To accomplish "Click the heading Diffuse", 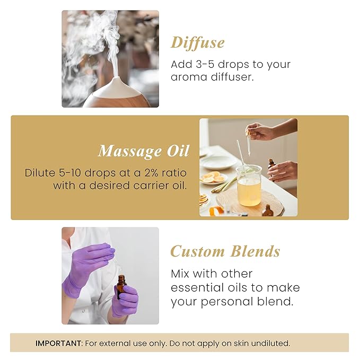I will point(197,42).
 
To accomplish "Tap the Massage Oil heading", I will point(143,151).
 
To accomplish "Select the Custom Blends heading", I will point(225,251).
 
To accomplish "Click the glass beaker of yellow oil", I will point(248,185).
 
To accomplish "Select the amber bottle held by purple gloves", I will point(121,286).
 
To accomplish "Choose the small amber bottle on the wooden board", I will point(268,210).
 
